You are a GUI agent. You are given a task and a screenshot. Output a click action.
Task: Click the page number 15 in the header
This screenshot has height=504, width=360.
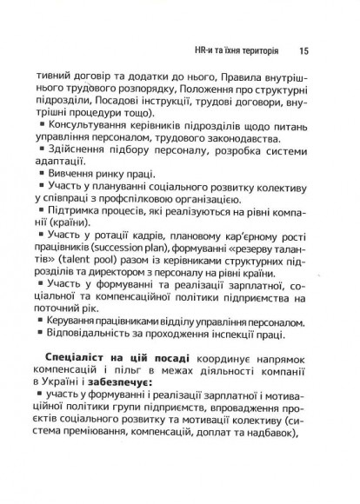tap(302, 50)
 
